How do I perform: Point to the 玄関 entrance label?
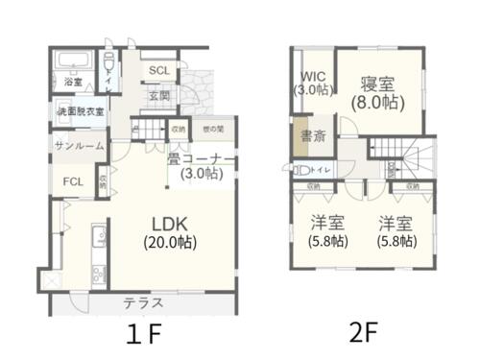158,96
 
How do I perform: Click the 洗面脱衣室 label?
80,112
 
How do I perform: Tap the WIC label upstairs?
314,75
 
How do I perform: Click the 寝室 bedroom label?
374,83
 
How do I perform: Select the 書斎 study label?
313,135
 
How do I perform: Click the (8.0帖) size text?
374,102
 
